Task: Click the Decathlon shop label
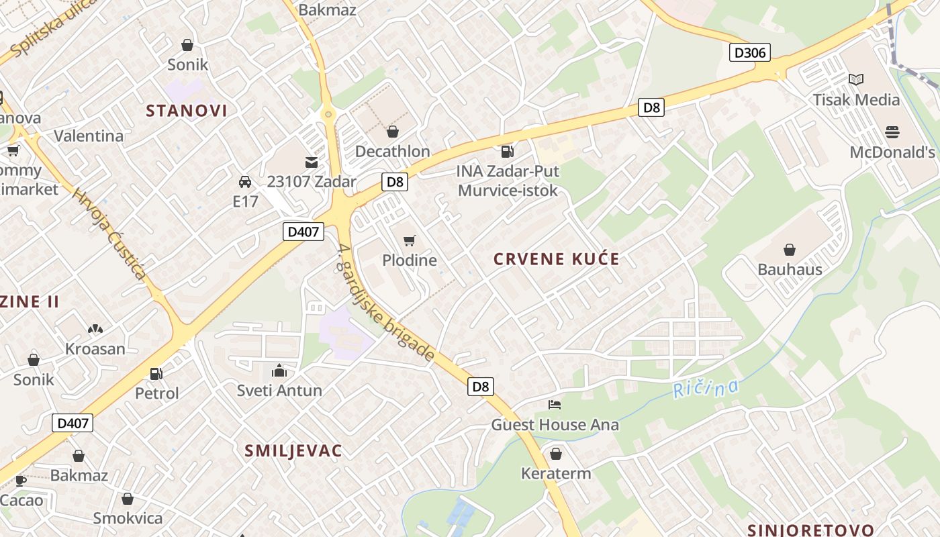tap(392, 151)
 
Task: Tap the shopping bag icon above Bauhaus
tap(790, 250)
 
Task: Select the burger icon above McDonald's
tap(892, 132)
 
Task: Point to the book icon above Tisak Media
tap(856, 80)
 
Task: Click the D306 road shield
tap(750, 52)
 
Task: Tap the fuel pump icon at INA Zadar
tap(508, 152)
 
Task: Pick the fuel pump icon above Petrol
tap(156, 373)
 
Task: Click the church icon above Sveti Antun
tap(279, 371)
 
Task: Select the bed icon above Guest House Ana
tap(555, 404)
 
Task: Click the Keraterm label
tap(556, 473)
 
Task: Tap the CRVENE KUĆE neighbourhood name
tap(556, 259)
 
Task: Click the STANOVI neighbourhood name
tap(187, 111)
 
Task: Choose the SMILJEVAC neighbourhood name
tap(293, 450)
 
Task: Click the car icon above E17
tap(245, 181)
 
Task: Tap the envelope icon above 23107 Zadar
tap(312, 162)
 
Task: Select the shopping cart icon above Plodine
tap(409, 240)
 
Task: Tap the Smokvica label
tap(128, 518)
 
